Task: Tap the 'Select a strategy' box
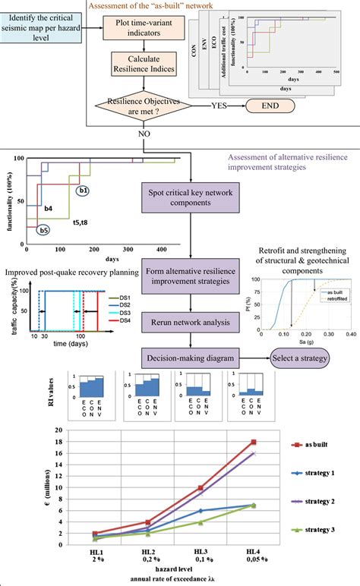point(312,336)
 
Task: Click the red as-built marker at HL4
point(253,442)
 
